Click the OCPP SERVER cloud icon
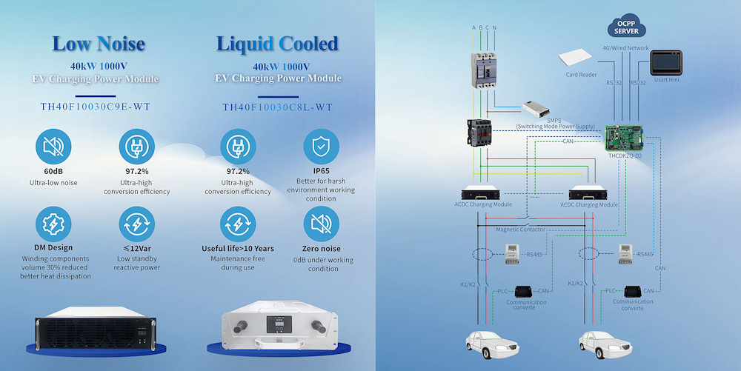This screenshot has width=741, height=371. coord(626,27)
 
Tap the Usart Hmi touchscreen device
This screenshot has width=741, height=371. coord(666,63)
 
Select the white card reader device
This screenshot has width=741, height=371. coord(575,58)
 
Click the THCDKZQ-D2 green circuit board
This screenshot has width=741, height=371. coord(624,138)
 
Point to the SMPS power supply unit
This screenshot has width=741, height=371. coord(536,109)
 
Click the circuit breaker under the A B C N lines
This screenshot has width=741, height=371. coord(484,70)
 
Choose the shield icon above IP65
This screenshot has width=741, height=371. coord(322,147)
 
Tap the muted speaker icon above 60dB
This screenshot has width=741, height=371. coord(53,147)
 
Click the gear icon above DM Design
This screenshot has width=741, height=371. coord(53,224)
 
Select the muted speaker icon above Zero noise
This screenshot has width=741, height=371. coord(322,224)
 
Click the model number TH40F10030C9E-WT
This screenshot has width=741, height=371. coord(96,107)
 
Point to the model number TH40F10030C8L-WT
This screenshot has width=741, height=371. coord(278,107)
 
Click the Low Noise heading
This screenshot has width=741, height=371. coord(99,44)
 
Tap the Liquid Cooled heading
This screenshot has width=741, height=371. coord(277,44)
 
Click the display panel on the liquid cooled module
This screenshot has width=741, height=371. coord(279,324)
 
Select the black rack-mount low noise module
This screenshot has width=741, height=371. coord(96,328)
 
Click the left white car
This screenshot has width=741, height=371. coord(493,344)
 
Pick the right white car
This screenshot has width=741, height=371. coord(606,344)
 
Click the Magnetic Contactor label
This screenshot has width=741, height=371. coord(520,230)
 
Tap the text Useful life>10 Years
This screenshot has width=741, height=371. coord(238,248)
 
